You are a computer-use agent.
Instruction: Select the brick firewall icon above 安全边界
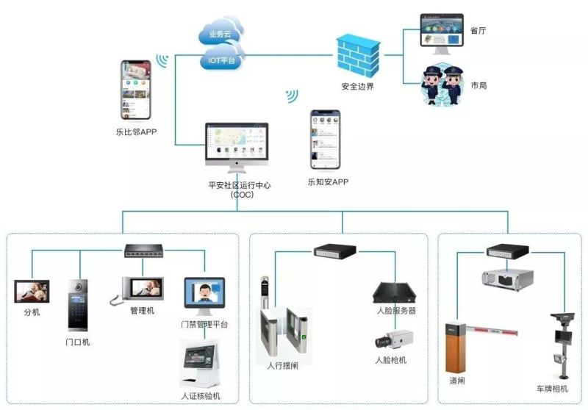point(359,55)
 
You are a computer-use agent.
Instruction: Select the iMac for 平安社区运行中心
point(237,147)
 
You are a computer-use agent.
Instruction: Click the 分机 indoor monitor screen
point(32,292)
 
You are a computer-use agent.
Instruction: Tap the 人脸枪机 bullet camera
point(392,339)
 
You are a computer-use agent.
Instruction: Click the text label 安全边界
point(357,86)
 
